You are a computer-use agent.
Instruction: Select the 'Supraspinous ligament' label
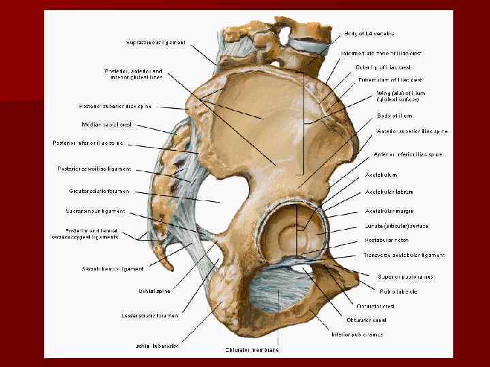coord(156,42)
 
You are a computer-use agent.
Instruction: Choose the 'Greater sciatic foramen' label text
coord(99,192)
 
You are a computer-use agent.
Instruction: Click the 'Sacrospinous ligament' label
coord(96,211)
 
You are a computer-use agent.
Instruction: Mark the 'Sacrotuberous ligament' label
coord(113,269)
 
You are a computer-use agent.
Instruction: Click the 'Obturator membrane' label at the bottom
coord(252,350)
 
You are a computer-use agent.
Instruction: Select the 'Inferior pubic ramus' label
coord(357,334)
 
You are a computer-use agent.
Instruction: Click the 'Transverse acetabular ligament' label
coord(404,256)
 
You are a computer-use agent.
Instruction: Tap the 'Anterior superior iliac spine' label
coord(412,131)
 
